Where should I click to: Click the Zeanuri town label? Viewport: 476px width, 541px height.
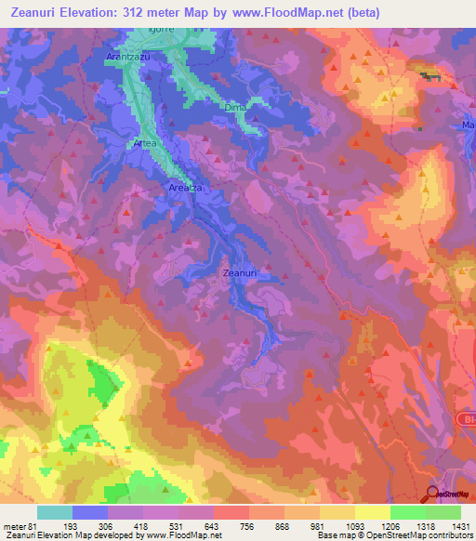(x=239, y=273)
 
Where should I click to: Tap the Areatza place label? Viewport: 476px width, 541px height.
(x=185, y=188)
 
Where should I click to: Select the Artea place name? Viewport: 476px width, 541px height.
(x=144, y=144)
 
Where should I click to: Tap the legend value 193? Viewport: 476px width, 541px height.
(x=72, y=526)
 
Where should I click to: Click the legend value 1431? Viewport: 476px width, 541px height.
(x=460, y=526)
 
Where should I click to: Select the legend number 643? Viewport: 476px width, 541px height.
(x=213, y=526)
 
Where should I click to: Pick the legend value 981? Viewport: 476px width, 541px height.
(x=319, y=526)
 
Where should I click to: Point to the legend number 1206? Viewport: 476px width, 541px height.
(x=389, y=526)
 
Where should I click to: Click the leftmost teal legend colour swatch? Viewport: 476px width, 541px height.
(x=54, y=512)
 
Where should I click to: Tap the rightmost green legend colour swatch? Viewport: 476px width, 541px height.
(x=443, y=512)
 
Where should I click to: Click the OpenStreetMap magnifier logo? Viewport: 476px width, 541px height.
(x=432, y=495)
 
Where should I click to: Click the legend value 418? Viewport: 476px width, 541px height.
(x=142, y=526)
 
